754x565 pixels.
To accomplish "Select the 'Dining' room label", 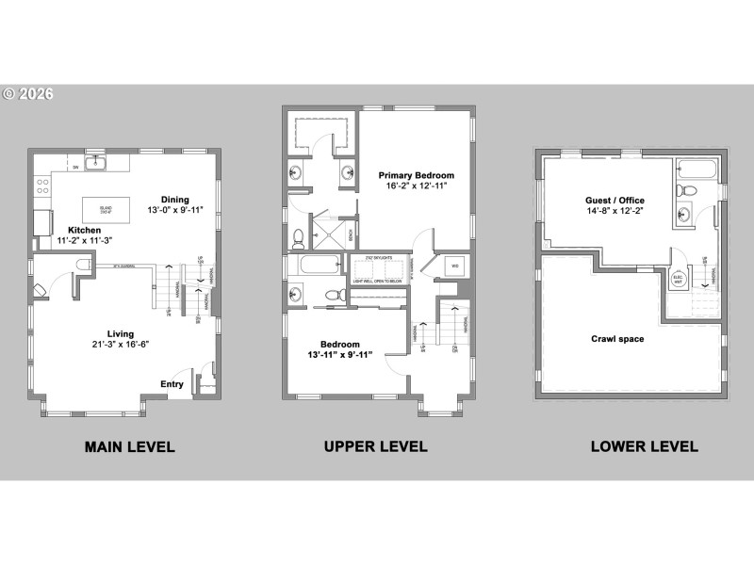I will (174, 200).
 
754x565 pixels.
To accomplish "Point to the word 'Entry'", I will (172, 383).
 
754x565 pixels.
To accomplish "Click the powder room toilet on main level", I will (82, 265).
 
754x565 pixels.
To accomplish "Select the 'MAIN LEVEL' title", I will (129, 446).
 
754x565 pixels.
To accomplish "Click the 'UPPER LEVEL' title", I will (375, 446).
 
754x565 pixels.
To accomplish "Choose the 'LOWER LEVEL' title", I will (644, 446).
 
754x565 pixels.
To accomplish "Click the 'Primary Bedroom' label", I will (416, 175).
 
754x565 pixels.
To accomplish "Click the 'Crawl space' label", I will (617, 339).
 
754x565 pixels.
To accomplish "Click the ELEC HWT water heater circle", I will (678, 280).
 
